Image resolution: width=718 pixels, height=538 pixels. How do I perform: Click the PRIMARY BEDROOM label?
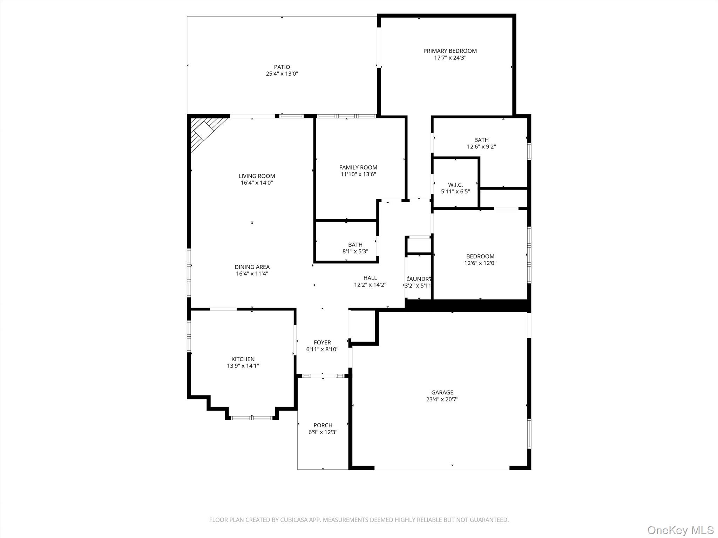pos(450,51)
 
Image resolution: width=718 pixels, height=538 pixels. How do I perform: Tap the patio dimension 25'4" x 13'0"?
pos(282,74)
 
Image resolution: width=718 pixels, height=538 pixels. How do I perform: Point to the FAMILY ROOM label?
pos(358,167)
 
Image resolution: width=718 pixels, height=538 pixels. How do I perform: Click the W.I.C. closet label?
pos(455,185)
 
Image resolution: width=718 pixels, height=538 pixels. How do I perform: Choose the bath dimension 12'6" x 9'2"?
pos(481,147)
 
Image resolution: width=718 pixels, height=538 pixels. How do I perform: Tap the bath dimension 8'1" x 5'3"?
pos(355,251)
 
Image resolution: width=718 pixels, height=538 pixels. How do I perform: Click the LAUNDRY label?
pos(418,279)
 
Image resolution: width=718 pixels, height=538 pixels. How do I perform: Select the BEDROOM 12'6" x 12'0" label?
pos(480,256)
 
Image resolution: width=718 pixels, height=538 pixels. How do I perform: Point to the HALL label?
pos(370,278)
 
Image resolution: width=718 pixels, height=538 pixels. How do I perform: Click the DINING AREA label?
pos(252,267)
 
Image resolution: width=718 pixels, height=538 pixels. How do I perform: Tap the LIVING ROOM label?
pos(257,176)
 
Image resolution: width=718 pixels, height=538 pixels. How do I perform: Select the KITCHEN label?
pos(243,359)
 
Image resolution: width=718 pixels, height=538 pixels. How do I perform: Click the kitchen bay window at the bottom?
pos(251,418)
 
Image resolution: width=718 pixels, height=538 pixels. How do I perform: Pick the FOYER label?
pos(322,343)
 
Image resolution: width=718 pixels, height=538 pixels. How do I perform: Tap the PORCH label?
pos(323,425)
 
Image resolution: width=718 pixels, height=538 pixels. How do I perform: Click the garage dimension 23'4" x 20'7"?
pos(442,399)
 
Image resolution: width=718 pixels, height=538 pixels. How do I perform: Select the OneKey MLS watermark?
pos(680,530)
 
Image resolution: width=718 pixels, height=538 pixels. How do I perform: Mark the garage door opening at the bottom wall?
pos(442,468)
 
